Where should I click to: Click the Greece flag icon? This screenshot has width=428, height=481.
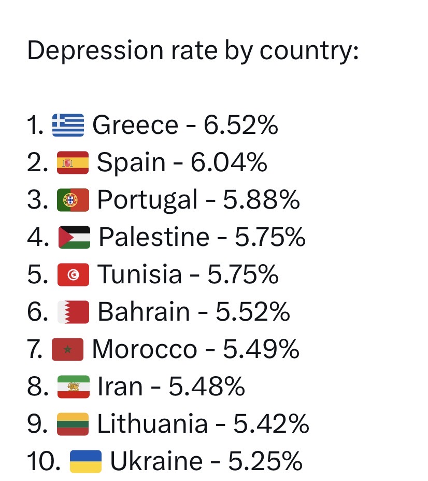68,126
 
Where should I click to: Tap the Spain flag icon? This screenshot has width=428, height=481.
73,163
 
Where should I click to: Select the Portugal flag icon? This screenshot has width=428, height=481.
73,200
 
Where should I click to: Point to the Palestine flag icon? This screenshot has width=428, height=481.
74,238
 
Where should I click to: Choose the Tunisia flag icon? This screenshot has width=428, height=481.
73,275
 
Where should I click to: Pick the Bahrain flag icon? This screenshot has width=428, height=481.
73,312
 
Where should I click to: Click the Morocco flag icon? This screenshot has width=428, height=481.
68,350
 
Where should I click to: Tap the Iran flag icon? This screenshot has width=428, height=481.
73,387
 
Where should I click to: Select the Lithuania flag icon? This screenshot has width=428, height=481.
73,424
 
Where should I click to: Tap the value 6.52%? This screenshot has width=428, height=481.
240,126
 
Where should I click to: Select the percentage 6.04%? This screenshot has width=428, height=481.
229,163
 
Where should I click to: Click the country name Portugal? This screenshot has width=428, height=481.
147,200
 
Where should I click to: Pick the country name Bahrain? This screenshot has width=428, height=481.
144,312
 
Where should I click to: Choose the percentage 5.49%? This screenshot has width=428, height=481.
261,350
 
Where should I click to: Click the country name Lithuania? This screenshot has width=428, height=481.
152,424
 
